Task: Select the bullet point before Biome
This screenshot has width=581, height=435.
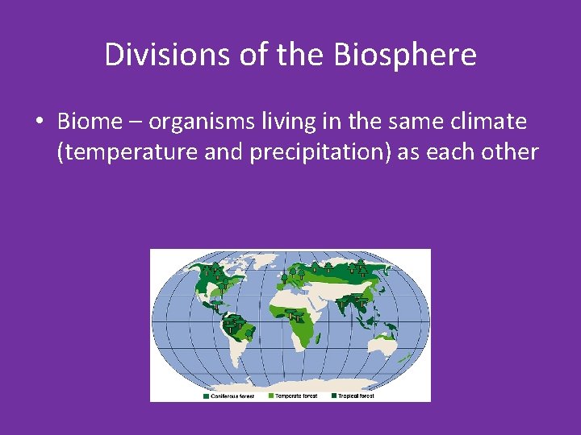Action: coord(39,122)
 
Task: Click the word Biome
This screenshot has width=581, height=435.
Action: coord(87,122)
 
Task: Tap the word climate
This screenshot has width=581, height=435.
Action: coord(488,122)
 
